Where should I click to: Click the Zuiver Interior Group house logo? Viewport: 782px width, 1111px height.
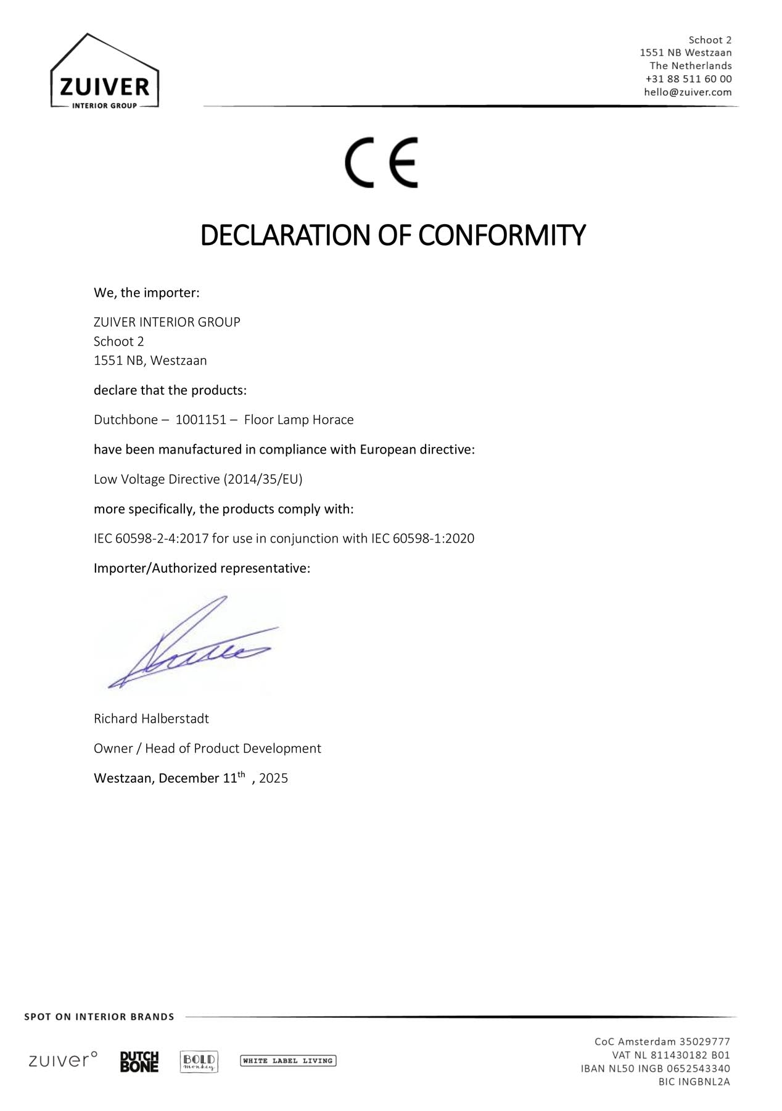click(x=104, y=72)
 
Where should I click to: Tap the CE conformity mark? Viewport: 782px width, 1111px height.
click(x=381, y=162)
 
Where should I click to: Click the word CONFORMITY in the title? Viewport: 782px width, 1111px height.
click(x=501, y=235)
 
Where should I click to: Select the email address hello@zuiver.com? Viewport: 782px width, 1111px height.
click(x=688, y=93)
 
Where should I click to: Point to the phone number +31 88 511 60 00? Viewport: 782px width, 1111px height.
click(x=688, y=79)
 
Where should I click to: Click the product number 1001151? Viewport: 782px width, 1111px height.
click(x=201, y=420)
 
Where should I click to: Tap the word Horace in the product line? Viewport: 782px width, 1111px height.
click(x=333, y=420)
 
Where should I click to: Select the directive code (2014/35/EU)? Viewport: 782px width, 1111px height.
click(x=263, y=479)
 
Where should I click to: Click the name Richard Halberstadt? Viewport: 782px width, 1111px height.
click(x=151, y=718)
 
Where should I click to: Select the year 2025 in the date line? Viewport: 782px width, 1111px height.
click(x=273, y=778)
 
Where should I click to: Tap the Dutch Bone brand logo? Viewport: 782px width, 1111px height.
click(x=139, y=1062)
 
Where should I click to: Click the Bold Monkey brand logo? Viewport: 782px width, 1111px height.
click(x=199, y=1062)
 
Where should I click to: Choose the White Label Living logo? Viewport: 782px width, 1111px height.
click(x=288, y=1061)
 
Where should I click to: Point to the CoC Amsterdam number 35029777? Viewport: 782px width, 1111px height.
click(x=704, y=1042)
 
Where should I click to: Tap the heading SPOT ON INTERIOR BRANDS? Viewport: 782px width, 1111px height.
click(x=99, y=1017)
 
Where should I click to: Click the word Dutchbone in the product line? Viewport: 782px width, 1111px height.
click(x=126, y=420)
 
